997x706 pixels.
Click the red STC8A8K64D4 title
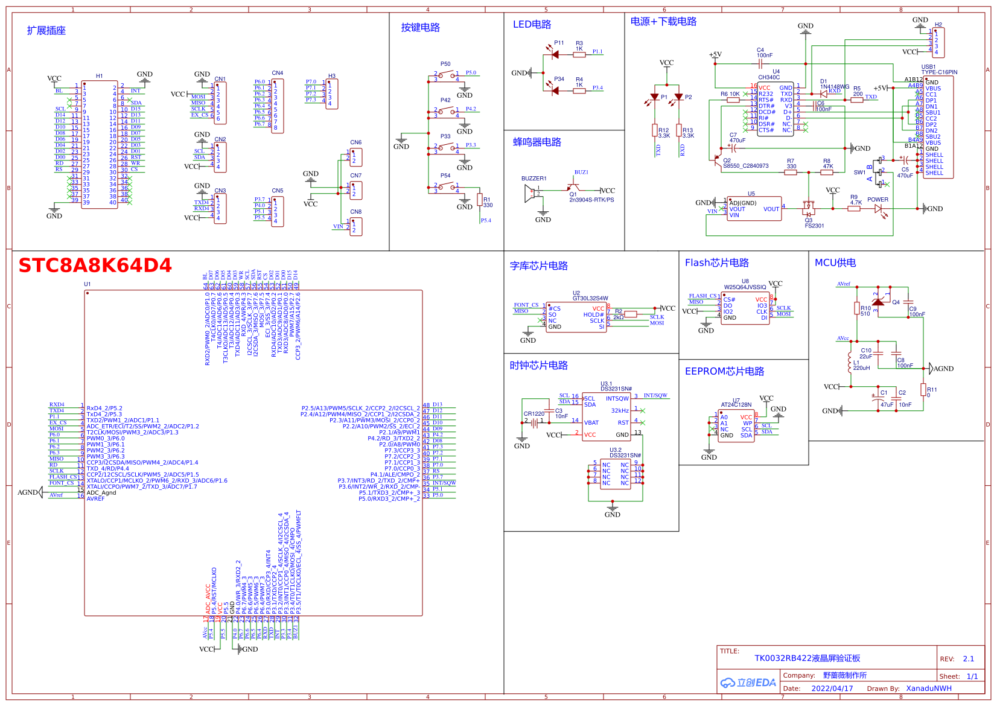tap(95, 266)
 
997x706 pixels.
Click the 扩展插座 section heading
tap(46, 31)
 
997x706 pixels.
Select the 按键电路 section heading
tap(421, 28)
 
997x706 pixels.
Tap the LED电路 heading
tap(532, 25)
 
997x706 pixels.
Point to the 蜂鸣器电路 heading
tap(537, 142)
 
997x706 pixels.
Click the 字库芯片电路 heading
tap(538, 266)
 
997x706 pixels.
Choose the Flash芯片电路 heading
tap(716, 263)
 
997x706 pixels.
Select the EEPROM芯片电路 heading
tap(724, 372)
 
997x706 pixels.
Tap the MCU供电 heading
tap(835, 263)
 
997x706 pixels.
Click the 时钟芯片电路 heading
tap(538, 366)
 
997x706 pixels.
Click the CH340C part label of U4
tap(769, 77)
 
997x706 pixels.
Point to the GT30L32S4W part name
tap(590, 298)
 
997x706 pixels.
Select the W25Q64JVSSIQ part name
tap(745, 287)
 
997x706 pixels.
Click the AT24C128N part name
tap(736, 405)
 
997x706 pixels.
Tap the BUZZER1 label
tap(534, 179)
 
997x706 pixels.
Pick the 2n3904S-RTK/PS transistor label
tap(591, 200)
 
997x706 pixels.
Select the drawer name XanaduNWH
tap(929, 689)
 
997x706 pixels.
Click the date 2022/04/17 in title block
tap(832, 689)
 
